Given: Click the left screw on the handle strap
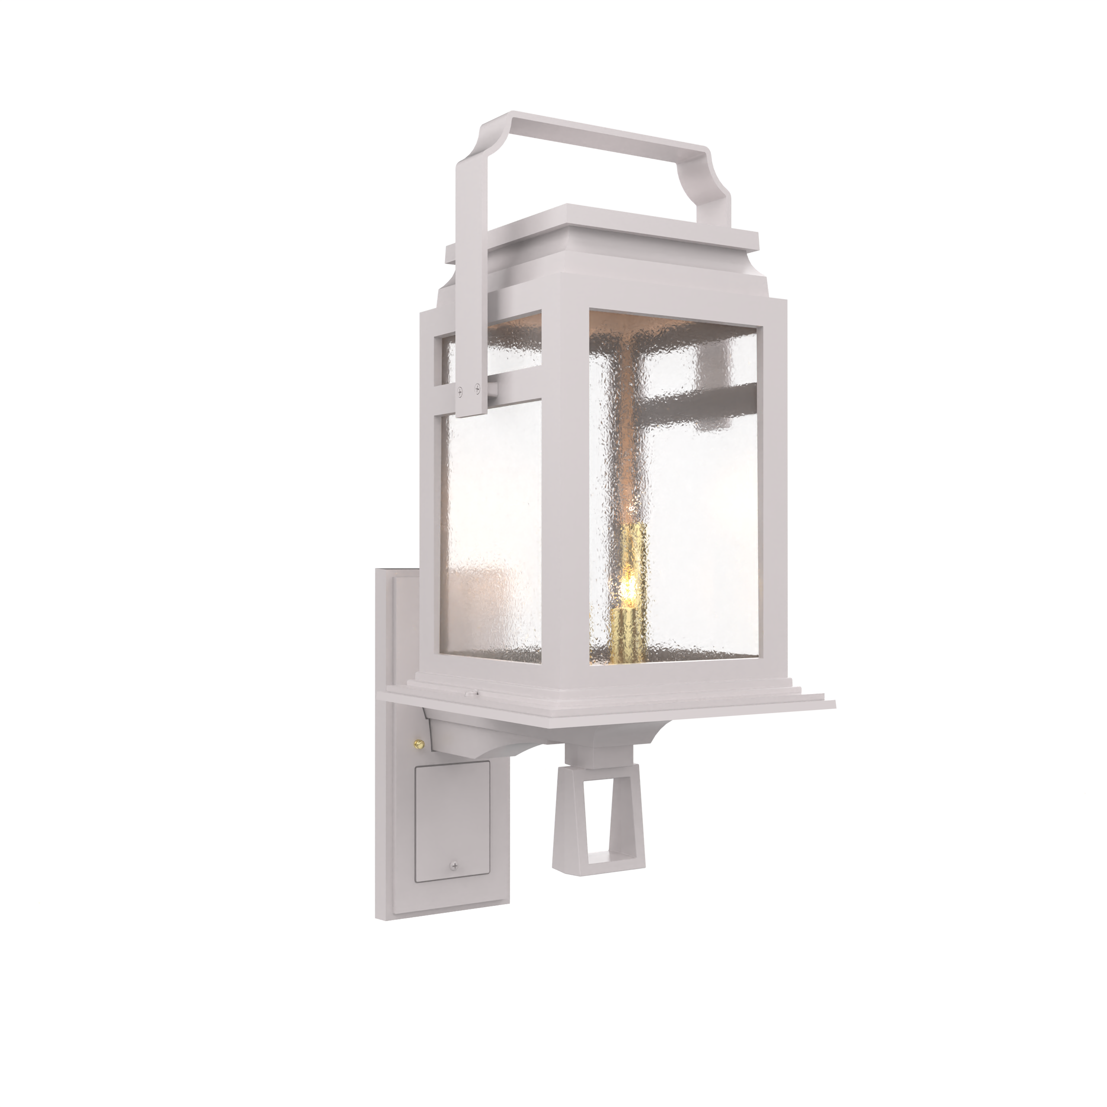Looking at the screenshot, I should (x=460, y=391).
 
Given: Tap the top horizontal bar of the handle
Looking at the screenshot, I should (x=608, y=135).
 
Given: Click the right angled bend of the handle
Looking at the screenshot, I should (x=713, y=166).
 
